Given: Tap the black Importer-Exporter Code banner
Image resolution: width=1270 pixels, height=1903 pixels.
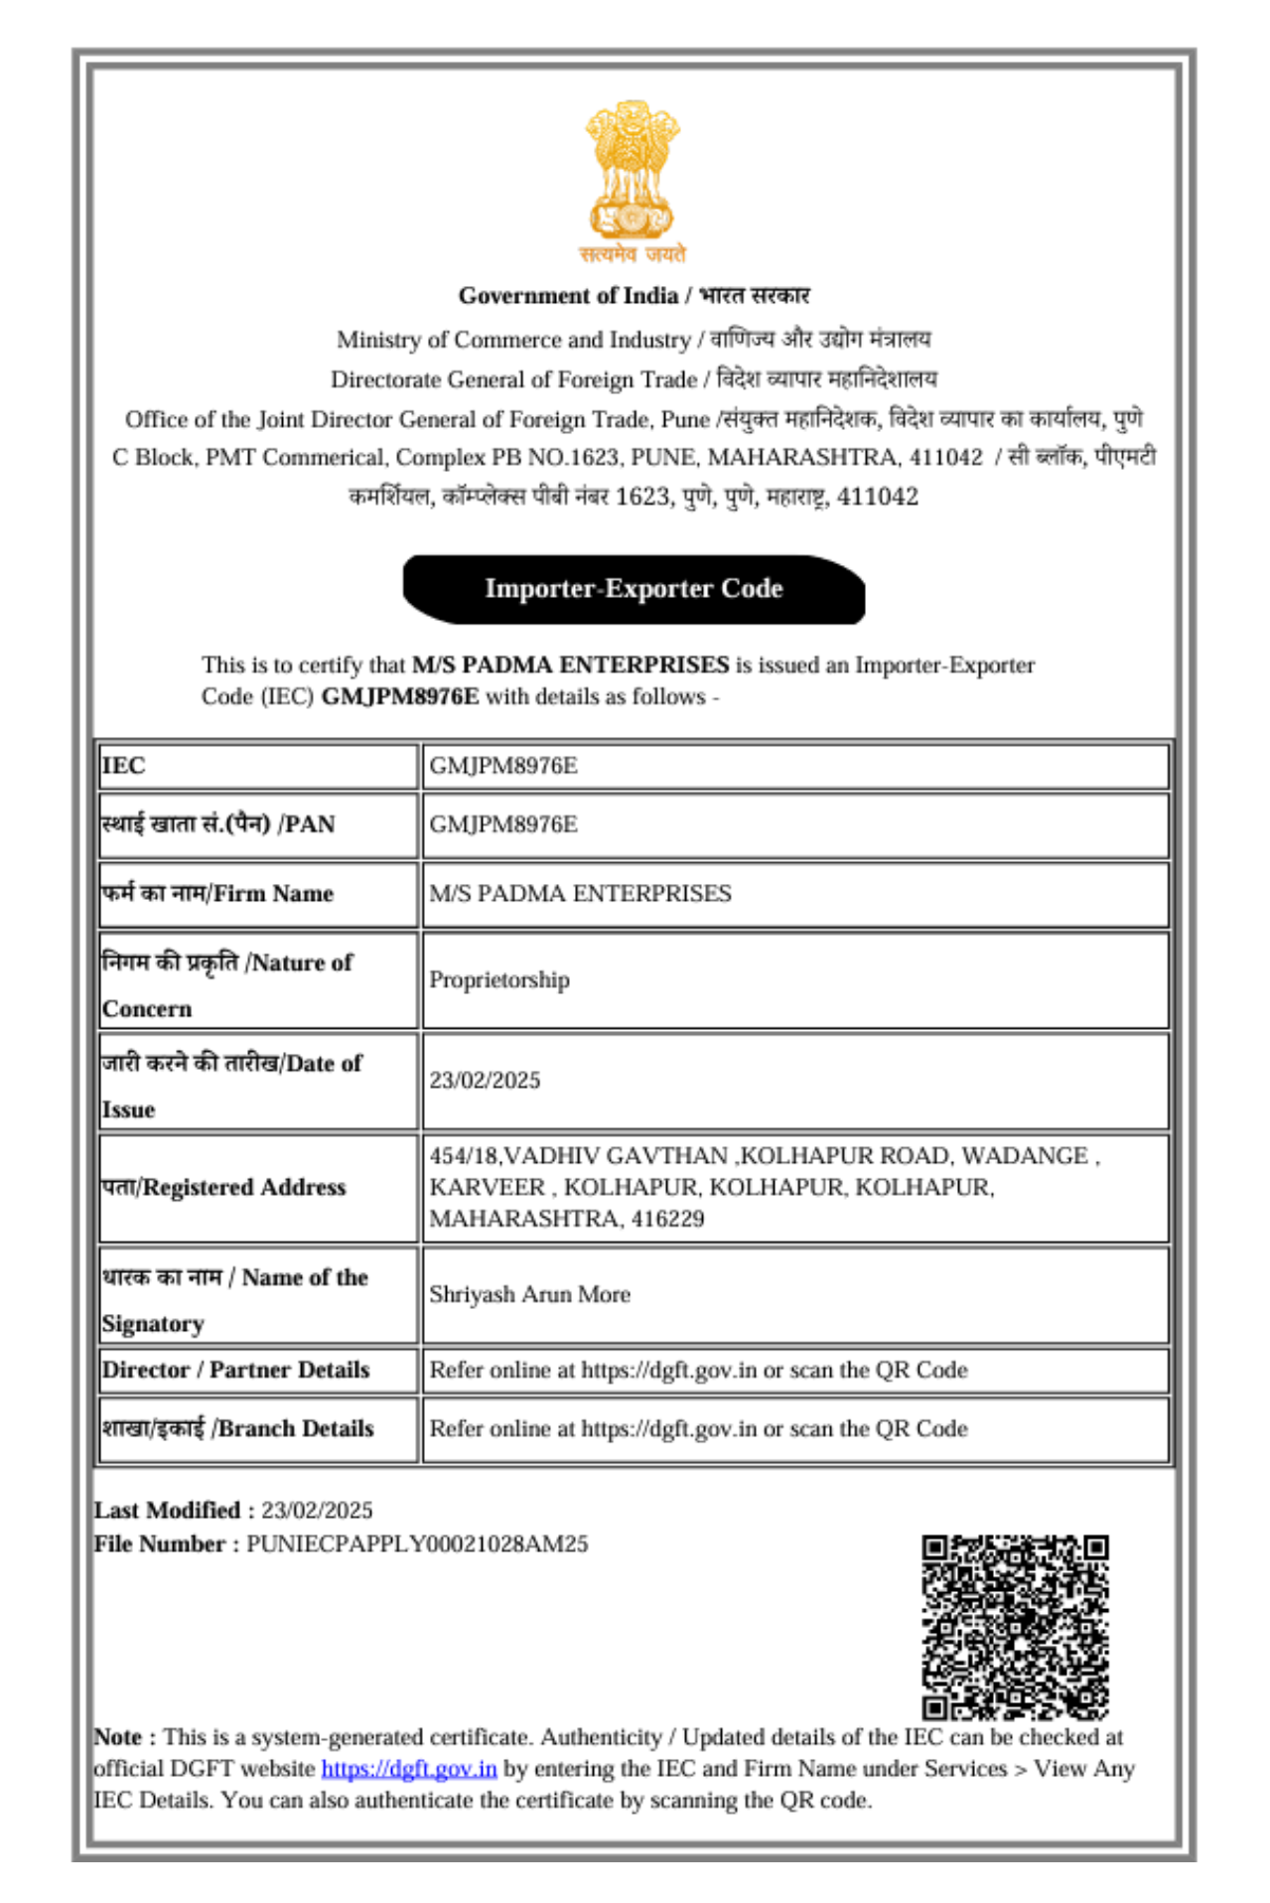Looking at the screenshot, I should [634, 589].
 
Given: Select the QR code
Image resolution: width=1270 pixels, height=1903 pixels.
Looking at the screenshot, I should [1014, 1627].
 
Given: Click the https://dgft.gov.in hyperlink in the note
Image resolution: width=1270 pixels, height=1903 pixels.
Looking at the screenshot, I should [408, 1769].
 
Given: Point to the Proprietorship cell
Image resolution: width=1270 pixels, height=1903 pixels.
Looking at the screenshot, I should [499, 980].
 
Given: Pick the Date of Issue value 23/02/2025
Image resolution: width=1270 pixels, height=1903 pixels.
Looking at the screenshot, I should [485, 1081].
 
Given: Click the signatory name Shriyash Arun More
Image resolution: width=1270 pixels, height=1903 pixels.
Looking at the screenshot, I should [529, 1295].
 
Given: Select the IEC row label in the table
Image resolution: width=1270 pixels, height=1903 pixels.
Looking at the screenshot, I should [124, 766].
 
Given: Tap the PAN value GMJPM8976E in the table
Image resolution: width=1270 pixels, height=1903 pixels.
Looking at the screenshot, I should [502, 824].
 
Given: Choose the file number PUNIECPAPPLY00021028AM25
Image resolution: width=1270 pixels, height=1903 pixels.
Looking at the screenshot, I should [417, 1544].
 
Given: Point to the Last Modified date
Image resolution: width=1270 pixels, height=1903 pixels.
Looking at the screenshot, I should [317, 1511].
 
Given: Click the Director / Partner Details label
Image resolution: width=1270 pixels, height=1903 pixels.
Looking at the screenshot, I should [235, 1371].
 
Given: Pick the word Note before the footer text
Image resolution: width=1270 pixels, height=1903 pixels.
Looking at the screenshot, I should [118, 1737].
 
